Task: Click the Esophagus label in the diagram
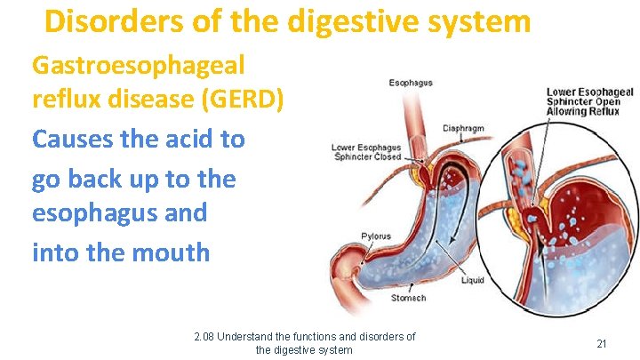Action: [x=411, y=83]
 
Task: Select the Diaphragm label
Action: [x=463, y=128]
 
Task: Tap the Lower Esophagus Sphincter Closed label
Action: [x=365, y=152]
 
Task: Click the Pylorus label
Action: [x=375, y=236]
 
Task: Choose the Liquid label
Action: [x=473, y=281]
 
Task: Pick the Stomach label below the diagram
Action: [x=408, y=298]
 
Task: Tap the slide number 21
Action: [x=602, y=343]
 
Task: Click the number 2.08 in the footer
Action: [x=204, y=337]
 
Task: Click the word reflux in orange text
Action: [x=64, y=100]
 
